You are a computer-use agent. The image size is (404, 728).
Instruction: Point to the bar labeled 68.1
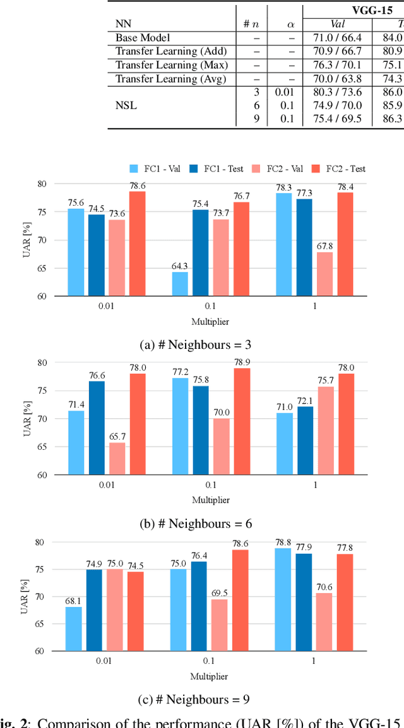[73, 628]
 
